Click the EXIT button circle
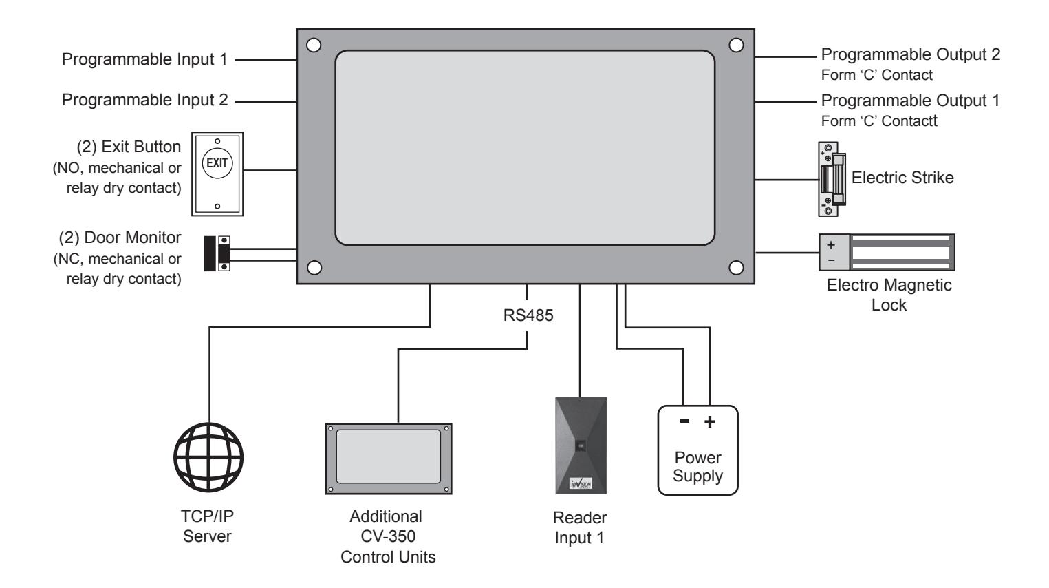pos(217,163)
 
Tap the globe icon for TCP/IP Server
pos(208,457)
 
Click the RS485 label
pos(528,315)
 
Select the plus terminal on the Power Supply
pos(709,422)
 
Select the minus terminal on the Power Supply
pos(684,421)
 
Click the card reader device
pos(581,445)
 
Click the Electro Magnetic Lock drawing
pos(887,252)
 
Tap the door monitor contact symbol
pos(217,253)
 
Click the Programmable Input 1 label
pos(144,59)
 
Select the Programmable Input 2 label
pos(144,100)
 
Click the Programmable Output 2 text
pos(910,54)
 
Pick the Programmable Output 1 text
pos(910,101)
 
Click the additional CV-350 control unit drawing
pos(389,459)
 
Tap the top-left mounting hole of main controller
pos(313,45)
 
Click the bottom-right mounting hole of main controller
pos(736,267)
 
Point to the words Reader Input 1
pos(580,527)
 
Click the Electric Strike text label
pos(902,178)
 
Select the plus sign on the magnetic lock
pos(831,244)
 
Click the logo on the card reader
pos(581,483)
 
